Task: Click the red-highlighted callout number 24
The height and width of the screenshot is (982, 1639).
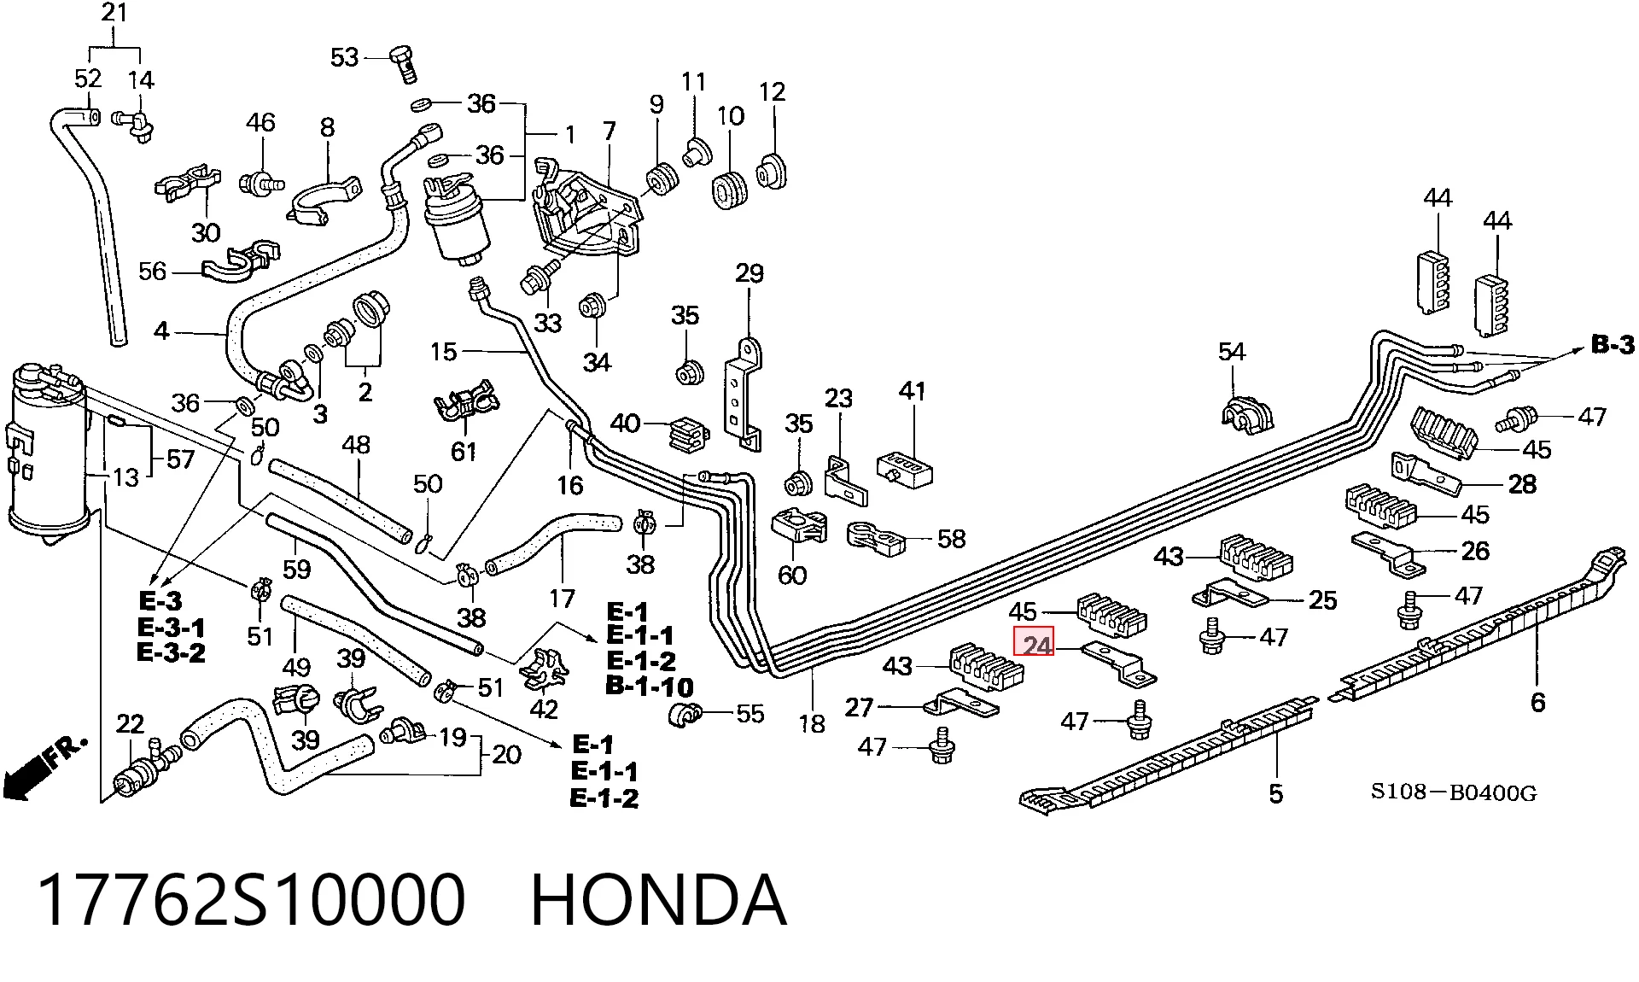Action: pyautogui.click(x=1034, y=641)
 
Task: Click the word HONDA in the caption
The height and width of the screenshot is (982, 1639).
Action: pyautogui.click(x=658, y=900)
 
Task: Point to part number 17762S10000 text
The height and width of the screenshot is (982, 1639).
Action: pyautogui.click(x=252, y=900)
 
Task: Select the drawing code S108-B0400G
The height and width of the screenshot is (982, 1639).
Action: pyautogui.click(x=1454, y=792)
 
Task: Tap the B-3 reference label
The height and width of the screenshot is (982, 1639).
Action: pyautogui.click(x=1613, y=345)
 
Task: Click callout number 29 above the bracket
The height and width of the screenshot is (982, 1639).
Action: pyautogui.click(x=749, y=273)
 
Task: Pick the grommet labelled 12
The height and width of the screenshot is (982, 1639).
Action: pyautogui.click(x=771, y=172)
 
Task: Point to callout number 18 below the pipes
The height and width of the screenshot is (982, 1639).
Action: pyautogui.click(x=812, y=723)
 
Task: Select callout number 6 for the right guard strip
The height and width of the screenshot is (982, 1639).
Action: pyautogui.click(x=1537, y=703)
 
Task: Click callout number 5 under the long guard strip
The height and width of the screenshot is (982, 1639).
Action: pyautogui.click(x=1275, y=793)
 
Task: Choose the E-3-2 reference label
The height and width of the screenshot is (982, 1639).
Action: pyautogui.click(x=171, y=653)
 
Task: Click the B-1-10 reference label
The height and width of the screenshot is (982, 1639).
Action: pyautogui.click(x=650, y=687)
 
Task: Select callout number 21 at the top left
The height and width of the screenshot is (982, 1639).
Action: pyautogui.click(x=114, y=12)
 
